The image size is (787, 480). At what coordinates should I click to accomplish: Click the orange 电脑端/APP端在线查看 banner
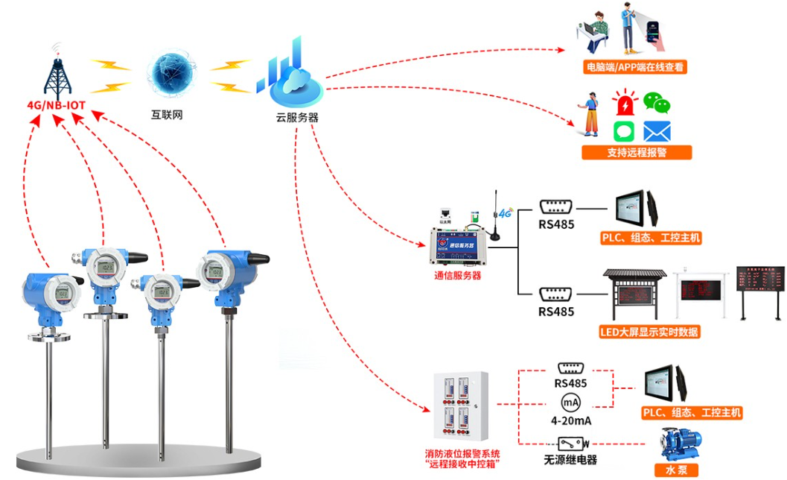pyautogui.click(x=635, y=67)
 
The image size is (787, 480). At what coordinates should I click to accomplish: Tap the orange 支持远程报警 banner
pyautogui.click(x=637, y=153)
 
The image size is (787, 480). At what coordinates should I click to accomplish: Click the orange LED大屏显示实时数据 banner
pyautogui.click(x=650, y=332)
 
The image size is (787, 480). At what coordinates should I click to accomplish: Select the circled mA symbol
pyautogui.click(x=570, y=403)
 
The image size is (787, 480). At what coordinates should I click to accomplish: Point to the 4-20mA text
pyautogui.click(x=570, y=421)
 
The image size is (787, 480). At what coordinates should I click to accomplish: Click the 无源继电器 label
pyautogui.click(x=571, y=459)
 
